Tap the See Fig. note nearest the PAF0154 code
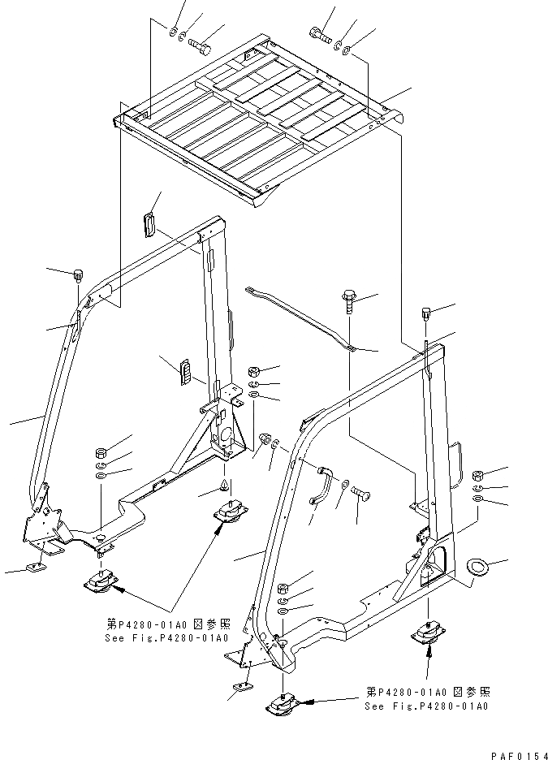pyautogui.click(x=427, y=698)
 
